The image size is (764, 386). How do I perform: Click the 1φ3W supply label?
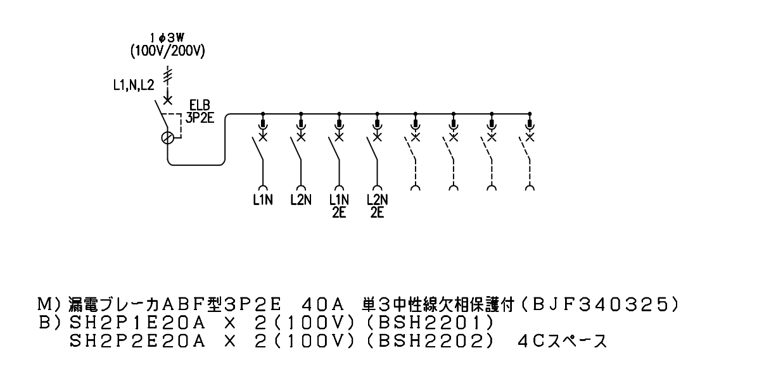tap(167, 37)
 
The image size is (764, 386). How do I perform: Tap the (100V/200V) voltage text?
tap(167, 51)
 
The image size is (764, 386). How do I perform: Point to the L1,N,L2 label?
tap(134, 85)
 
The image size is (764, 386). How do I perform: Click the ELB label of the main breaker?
tap(200, 105)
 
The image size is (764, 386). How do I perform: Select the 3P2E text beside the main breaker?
tap(200, 118)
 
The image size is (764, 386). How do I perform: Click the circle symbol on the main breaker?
tap(167, 138)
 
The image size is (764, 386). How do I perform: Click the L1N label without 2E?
tap(263, 200)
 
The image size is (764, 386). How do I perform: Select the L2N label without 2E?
tap(301, 200)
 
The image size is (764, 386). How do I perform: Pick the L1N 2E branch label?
tap(339, 206)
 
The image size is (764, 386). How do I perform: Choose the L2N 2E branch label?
tap(377, 206)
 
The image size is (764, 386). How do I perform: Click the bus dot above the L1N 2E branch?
tap(339, 114)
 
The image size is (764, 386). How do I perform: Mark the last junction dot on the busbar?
tap(530, 114)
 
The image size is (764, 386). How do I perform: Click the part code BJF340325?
tap(599, 304)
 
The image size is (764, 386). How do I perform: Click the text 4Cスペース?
tap(563, 342)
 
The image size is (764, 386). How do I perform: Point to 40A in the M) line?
tap(323, 304)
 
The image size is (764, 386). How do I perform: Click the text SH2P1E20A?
tap(137, 323)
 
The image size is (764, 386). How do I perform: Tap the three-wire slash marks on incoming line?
tap(167, 77)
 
